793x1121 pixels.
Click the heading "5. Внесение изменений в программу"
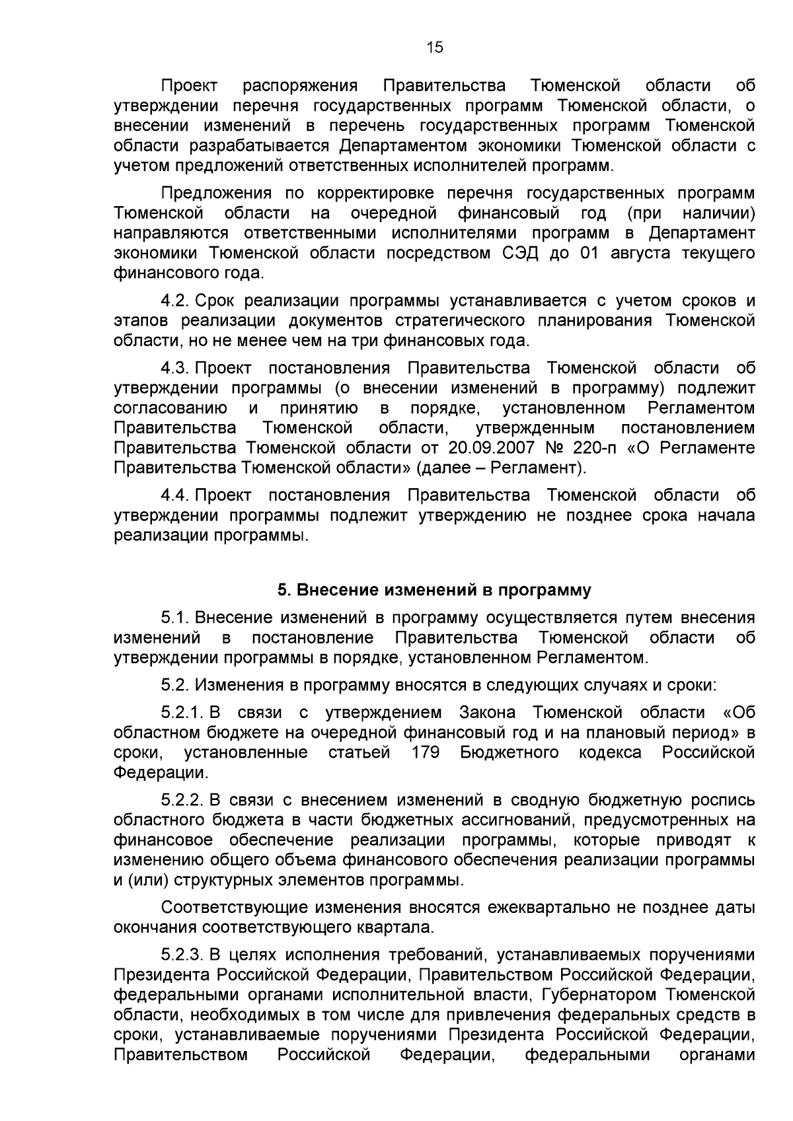434,590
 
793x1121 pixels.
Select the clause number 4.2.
176,301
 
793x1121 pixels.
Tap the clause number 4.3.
176,368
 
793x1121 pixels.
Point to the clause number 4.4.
176,495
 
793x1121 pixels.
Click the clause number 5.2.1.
183,713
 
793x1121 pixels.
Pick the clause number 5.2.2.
183,801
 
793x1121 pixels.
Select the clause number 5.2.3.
183,955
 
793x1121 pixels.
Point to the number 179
426,752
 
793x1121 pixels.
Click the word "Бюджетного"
510,752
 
